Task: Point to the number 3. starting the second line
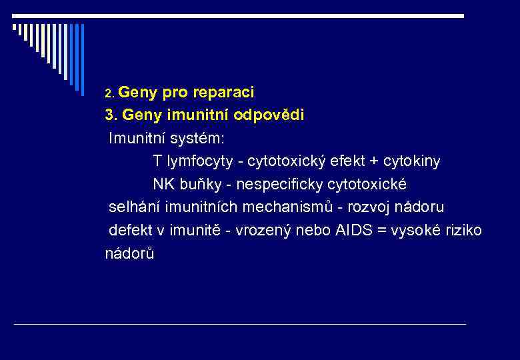pos(111,115)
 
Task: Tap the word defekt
pos(131,230)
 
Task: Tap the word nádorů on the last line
pos(129,253)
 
